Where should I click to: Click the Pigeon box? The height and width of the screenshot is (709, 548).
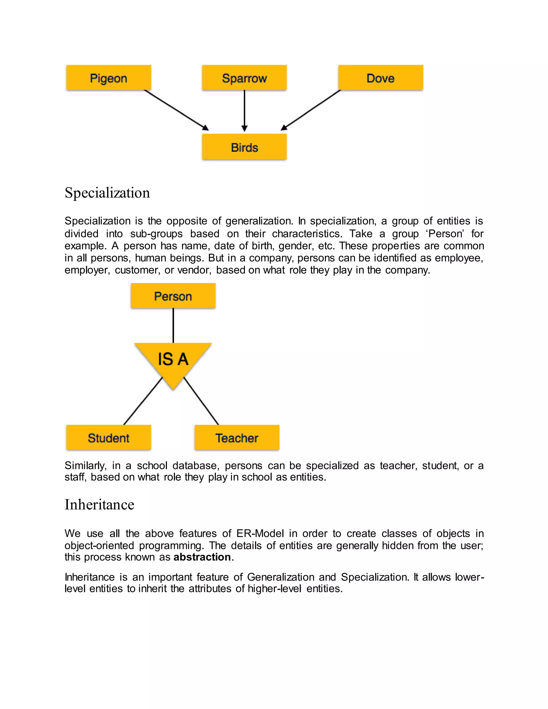tap(108, 78)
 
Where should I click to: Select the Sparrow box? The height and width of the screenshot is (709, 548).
tap(244, 78)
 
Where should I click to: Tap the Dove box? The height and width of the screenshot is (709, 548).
tap(380, 78)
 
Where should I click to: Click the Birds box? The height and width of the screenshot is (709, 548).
tap(244, 147)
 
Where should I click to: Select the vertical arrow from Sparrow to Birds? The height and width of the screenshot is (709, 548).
tap(245, 110)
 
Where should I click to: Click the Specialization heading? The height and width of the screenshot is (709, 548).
tap(107, 193)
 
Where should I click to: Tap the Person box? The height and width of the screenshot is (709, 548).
tap(173, 296)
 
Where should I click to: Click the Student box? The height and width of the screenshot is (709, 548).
tap(108, 438)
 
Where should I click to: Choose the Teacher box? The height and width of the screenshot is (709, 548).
tap(237, 438)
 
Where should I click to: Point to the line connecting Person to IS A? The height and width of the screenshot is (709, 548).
tap(173, 325)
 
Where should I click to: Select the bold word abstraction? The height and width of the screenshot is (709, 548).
tap(202, 557)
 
